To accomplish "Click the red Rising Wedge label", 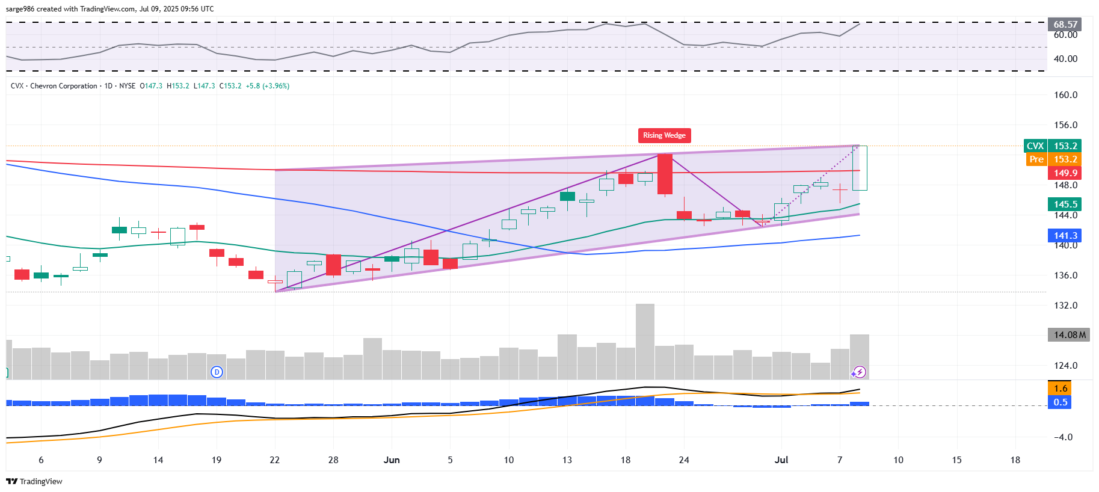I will pos(664,135).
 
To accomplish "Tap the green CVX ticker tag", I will pos(1035,146).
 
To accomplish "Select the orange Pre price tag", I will pos(1036,159).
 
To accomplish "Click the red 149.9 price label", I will pos(1065,173).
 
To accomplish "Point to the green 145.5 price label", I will pos(1065,204).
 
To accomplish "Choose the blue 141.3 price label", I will pos(1065,236).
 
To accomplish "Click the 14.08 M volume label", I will pos(1069,335).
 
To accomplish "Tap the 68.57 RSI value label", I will pos(1065,25).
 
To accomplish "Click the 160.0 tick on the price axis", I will pos(1065,95).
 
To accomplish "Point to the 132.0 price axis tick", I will pos(1065,306).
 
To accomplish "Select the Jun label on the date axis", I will pos(392,460).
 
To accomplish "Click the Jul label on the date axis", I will pos(781,460).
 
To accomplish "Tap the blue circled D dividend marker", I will pos(217,372).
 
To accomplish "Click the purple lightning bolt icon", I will pos(860,372).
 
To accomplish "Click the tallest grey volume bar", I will pos(645,341).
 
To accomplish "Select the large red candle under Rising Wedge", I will pos(665,174).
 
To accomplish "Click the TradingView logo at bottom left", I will pos(34,481).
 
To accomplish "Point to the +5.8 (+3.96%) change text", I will pos(267,86).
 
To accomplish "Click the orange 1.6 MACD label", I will pos(1061,389).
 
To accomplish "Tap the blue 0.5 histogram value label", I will pos(1061,402).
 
